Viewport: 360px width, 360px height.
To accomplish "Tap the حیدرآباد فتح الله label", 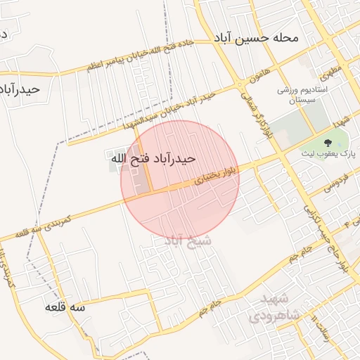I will click(151, 160).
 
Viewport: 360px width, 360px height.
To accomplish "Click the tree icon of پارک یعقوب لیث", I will click(349, 141).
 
